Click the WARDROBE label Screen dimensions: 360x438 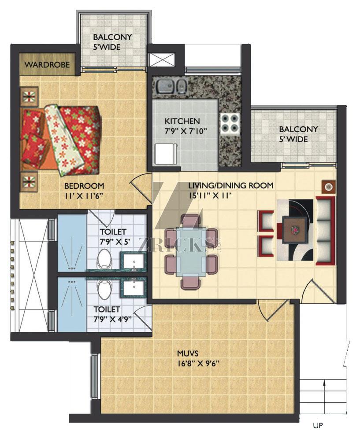47,65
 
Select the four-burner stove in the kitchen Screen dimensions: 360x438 230,123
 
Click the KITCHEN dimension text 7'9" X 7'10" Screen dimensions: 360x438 186,131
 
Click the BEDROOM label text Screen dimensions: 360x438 84,186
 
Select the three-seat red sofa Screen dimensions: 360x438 325,231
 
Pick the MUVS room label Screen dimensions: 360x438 188,353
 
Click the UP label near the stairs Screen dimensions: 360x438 318,425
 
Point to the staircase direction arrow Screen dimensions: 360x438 324,401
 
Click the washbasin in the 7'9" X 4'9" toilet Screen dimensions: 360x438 134,287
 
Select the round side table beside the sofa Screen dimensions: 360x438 328,186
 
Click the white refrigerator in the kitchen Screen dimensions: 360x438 165,155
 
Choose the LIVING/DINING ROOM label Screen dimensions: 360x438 231,185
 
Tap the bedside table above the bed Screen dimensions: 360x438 29,96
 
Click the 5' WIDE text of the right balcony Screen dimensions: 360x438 293,139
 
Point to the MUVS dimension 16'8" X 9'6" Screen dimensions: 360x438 198,364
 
